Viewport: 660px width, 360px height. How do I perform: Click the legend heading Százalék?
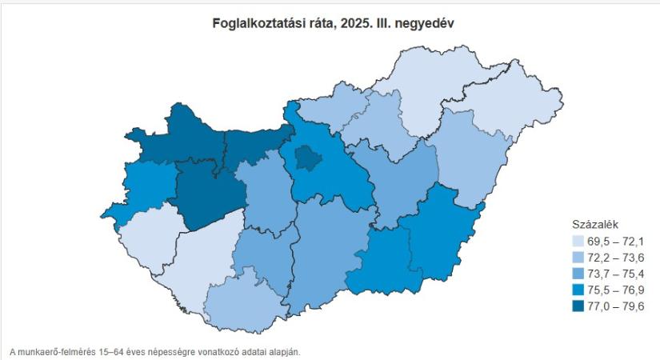594,223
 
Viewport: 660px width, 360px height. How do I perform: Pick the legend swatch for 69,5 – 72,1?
579,240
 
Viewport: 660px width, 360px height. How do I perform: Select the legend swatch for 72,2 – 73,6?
579,257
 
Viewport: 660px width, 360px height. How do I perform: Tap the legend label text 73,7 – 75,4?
617,274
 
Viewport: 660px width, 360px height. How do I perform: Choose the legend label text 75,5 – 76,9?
617,290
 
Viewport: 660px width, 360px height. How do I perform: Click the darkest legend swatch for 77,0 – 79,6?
579,306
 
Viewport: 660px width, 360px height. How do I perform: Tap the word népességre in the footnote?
190,350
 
